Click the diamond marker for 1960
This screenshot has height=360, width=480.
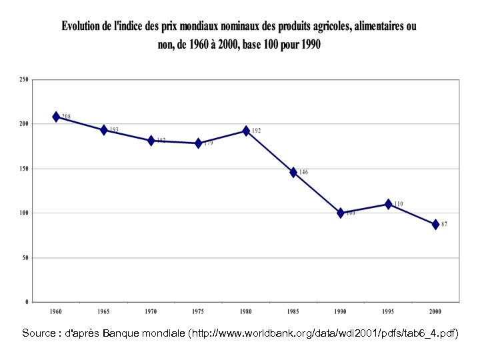click(x=56, y=117)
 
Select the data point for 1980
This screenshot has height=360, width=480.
click(x=246, y=131)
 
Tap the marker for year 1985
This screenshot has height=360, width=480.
click(x=293, y=172)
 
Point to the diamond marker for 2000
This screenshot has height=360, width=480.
click(x=435, y=225)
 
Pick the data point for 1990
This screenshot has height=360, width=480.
click(x=341, y=213)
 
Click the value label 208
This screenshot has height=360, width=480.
click(x=66, y=117)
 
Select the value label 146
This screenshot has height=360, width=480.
click(x=303, y=172)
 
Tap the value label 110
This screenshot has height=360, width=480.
click(x=398, y=204)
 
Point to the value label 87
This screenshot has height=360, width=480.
click(x=444, y=225)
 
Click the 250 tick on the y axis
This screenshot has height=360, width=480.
click(x=24, y=79)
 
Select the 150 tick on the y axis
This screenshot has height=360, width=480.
click(x=24, y=169)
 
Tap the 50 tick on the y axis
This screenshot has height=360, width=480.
click(x=25, y=257)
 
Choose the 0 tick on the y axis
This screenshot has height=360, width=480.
click(x=27, y=302)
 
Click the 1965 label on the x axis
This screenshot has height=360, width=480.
click(x=103, y=311)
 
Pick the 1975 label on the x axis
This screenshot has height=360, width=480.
click(x=198, y=311)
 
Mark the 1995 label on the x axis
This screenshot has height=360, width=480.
click(x=388, y=311)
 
